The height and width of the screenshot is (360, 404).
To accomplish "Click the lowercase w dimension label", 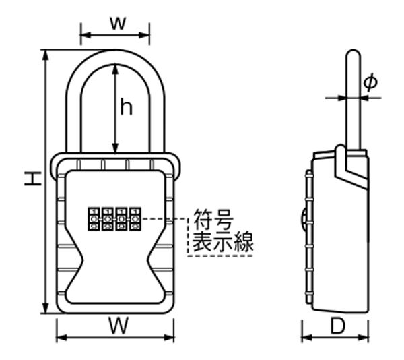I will coord(116,22).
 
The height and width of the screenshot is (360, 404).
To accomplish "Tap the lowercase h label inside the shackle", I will coord(126,106).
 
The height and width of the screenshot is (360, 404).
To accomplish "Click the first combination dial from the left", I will coord(94,220).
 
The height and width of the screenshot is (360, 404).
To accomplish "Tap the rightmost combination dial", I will coord(135,220).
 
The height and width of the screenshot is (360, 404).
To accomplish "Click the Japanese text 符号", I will coord(213,219).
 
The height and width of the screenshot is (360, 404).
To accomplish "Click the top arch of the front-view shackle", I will coord(115,55).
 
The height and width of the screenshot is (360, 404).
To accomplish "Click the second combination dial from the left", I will coord(108,220).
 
